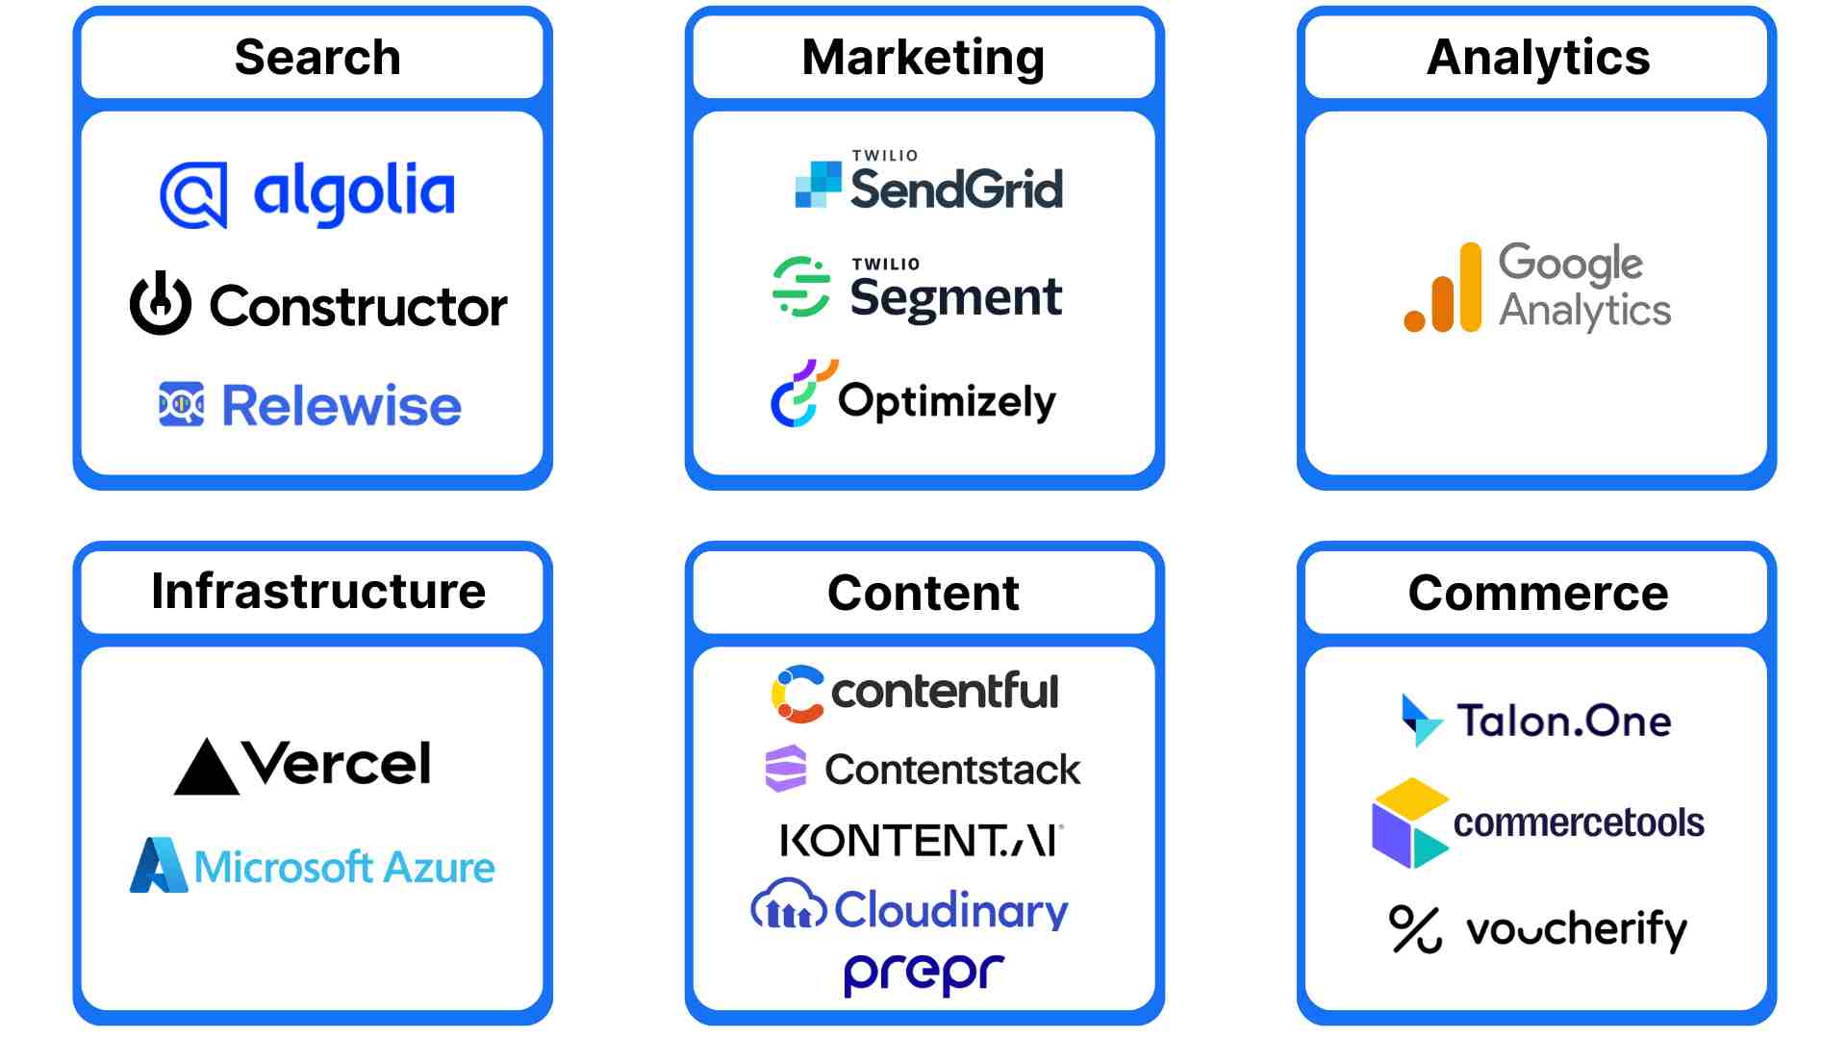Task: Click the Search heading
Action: point(317,58)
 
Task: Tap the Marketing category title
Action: point(923,58)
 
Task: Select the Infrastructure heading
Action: point(318,592)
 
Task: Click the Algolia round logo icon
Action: point(193,195)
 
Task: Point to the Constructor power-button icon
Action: point(161,304)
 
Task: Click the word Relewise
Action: point(342,405)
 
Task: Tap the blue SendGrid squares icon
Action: point(818,184)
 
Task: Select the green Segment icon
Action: point(800,287)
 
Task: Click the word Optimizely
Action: point(947,401)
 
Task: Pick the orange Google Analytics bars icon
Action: point(1443,290)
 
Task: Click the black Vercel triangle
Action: point(207,768)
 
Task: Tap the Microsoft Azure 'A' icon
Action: point(158,865)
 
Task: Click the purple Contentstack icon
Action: point(786,769)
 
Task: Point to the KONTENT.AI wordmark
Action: point(922,841)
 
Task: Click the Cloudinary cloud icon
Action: point(788,905)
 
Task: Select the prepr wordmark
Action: point(923,973)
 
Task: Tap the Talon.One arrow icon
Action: point(1421,720)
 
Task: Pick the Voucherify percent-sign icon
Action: point(1415,929)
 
